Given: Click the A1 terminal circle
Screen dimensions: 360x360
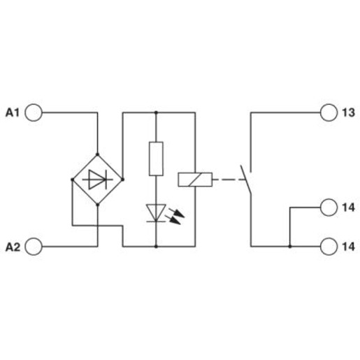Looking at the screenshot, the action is click(34, 113).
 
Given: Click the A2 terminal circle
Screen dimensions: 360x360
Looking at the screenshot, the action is click(34, 246).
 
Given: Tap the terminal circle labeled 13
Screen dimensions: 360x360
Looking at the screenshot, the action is click(329, 113).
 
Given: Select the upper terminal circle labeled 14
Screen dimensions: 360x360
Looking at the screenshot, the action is click(329, 207).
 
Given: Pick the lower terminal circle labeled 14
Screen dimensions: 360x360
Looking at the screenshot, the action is click(329, 246).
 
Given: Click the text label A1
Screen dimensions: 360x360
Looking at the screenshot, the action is click(13, 113).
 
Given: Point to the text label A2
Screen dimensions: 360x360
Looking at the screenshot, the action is click(13, 247).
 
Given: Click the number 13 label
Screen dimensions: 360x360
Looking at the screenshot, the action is click(348, 113).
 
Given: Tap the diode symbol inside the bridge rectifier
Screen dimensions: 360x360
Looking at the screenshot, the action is click(97, 180).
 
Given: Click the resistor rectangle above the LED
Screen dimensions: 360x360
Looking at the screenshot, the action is click(156, 159).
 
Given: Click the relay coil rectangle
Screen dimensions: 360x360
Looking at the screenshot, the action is click(195, 180).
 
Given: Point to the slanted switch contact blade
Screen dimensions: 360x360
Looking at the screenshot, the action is click(245, 180).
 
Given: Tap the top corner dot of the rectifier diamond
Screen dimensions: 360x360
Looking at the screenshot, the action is click(97, 154).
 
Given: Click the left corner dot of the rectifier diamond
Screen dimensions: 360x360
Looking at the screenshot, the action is click(72, 180).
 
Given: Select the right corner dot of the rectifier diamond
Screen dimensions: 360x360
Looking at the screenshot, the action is click(123, 180).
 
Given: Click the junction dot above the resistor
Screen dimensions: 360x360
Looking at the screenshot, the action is click(156, 113).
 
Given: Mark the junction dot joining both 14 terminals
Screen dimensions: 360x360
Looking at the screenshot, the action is click(290, 246).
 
